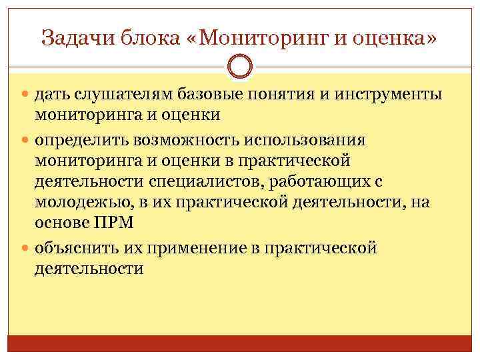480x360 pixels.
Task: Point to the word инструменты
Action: click(386, 95)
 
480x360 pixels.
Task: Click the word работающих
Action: click(313, 183)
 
